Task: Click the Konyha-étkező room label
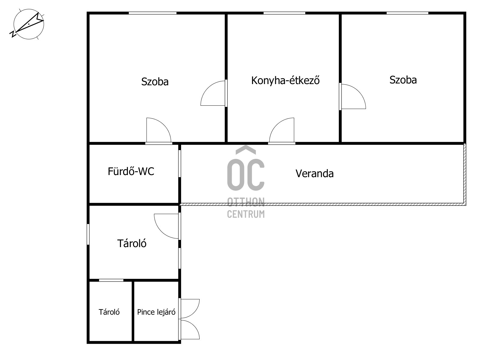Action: [285, 80]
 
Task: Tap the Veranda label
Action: [315, 174]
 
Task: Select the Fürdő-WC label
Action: [131, 171]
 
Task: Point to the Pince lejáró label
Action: [156, 312]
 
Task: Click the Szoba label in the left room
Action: [155, 82]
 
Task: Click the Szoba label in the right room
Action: [403, 80]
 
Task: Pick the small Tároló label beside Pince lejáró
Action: [109, 312]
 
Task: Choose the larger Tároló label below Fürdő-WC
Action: [132, 244]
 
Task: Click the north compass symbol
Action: [29, 24]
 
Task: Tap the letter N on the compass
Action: [13, 34]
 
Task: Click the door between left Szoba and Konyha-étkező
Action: [213, 93]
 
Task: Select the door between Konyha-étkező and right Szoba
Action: [352, 96]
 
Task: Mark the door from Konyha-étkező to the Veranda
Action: [282, 131]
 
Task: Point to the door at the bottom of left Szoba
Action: [159, 131]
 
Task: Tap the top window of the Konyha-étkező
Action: [284, 13]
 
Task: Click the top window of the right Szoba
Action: [407, 13]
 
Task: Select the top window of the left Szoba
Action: [152, 13]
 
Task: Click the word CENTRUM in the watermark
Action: [246, 214]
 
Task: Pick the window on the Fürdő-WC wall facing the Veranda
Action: [180, 163]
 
